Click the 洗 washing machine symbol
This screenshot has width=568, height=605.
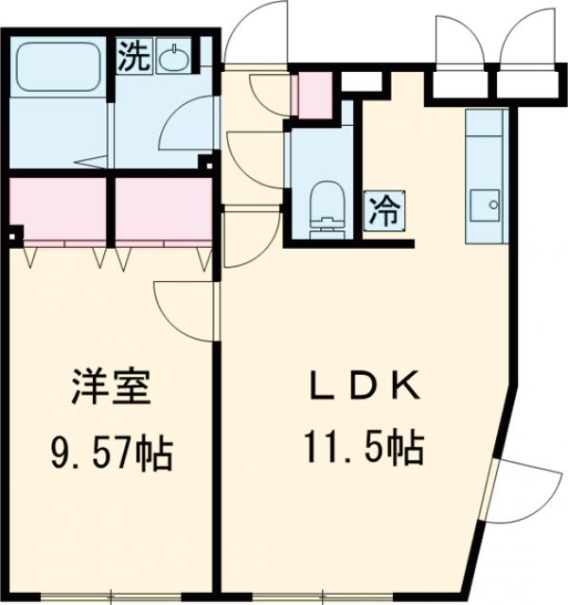[132, 56]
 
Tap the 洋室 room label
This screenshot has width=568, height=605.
[111, 390]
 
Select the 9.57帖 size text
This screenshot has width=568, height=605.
[111, 454]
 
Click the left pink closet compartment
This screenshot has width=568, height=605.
[60, 209]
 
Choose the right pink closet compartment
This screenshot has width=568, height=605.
[164, 209]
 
